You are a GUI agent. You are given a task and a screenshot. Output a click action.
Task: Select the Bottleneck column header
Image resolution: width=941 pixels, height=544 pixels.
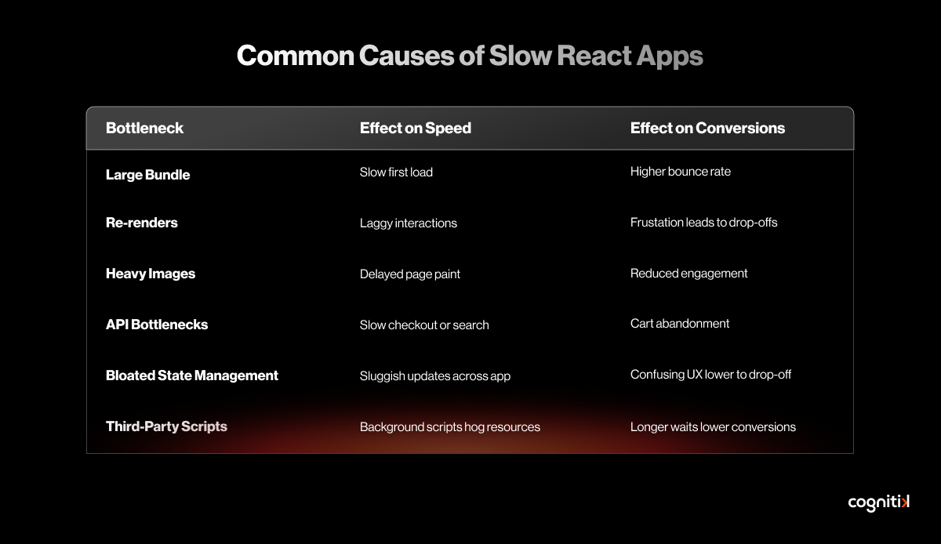point(144,128)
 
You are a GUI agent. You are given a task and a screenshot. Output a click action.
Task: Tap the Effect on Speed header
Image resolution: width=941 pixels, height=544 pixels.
point(416,128)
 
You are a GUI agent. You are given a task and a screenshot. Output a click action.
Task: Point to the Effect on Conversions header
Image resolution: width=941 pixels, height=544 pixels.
point(707,128)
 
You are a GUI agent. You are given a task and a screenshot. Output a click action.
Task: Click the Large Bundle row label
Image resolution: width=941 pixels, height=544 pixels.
point(148,175)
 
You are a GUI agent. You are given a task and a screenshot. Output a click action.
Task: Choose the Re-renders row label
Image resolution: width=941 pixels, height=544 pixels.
point(142,223)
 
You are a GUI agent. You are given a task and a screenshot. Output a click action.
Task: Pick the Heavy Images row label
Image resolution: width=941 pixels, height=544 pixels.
point(151,274)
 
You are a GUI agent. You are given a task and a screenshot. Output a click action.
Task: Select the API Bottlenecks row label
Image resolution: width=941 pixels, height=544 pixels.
point(157,325)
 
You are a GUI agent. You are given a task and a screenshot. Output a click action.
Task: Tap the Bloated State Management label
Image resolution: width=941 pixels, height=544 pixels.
point(192,375)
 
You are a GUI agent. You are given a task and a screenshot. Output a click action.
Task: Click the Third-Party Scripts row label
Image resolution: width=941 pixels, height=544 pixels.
point(166,426)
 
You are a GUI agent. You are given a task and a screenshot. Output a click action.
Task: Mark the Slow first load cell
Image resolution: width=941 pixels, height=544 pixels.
point(396,172)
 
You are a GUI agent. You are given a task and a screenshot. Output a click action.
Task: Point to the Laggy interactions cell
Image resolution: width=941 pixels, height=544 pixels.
point(409,223)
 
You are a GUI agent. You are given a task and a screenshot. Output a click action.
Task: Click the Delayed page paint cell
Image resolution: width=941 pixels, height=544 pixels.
point(410,274)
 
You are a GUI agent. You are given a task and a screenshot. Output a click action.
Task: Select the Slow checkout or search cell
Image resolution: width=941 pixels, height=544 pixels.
point(424,325)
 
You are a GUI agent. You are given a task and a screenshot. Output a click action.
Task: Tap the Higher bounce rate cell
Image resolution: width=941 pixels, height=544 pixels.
point(681,172)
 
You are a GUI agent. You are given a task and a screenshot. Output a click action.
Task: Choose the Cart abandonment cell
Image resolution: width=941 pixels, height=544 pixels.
point(680,324)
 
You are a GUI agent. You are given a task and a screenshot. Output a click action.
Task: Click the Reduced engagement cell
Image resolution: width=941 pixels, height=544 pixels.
point(689,274)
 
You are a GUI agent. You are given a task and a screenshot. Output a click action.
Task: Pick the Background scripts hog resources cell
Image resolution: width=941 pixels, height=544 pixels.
point(450,427)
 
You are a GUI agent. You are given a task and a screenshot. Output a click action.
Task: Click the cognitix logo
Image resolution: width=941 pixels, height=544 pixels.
point(879,502)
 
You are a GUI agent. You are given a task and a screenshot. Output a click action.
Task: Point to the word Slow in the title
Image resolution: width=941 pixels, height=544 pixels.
point(520,56)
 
